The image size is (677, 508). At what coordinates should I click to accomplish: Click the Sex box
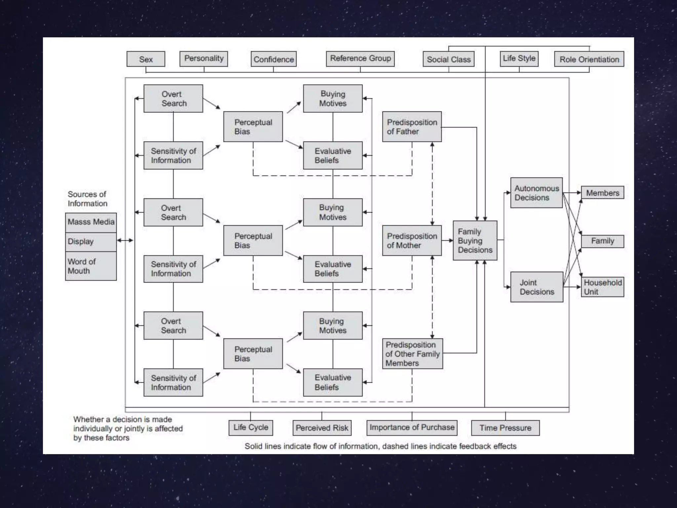[146, 59]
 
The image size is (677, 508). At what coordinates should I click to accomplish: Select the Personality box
[204, 59]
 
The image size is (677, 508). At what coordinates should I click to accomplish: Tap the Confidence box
[273, 59]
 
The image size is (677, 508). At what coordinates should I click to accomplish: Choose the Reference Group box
[360, 59]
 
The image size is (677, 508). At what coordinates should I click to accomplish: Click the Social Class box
[449, 59]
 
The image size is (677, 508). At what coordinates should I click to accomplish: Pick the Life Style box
[519, 59]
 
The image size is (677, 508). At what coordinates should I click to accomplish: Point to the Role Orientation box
[589, 59]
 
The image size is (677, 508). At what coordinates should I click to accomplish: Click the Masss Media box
[91, 222]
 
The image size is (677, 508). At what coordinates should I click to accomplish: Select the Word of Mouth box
[91, 266]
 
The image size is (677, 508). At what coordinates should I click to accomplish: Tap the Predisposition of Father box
[412, 127]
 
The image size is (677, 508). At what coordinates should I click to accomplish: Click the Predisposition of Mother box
[412, 240]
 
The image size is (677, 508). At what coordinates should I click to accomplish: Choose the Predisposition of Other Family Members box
[413, 354]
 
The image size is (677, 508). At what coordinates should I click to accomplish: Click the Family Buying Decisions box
[475, 240]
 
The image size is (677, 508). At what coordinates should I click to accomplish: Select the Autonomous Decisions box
[537, 193]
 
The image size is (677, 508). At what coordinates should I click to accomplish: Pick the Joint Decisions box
[537, 287]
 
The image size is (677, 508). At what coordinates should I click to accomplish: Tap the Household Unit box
[603, 287]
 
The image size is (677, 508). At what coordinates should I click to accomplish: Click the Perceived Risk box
[322, 428]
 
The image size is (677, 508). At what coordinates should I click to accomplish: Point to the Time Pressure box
[505, 428]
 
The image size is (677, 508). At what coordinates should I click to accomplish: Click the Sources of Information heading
[87, 199]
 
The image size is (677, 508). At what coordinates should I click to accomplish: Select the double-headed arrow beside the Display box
[125, 240]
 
